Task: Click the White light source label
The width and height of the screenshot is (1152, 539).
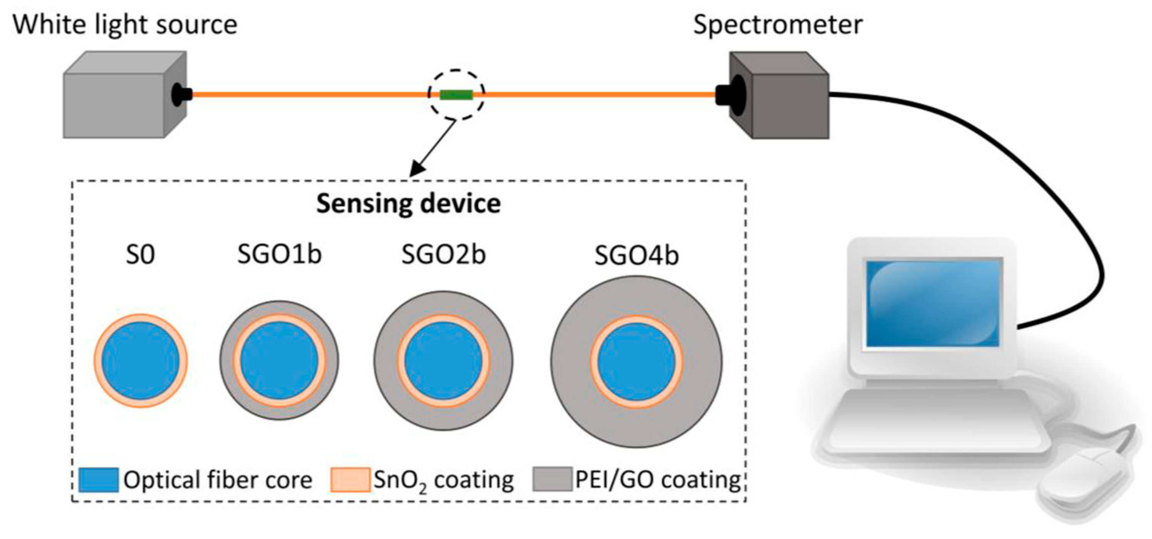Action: click(125, 25)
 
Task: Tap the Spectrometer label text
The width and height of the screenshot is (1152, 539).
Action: click(777, 25)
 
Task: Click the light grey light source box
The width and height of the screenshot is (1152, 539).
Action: click(114, 105)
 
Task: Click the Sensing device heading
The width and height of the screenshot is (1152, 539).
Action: click(408, 204)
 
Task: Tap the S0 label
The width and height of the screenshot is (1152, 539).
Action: click(140, 255)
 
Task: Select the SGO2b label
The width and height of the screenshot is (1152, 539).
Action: click(443, 255)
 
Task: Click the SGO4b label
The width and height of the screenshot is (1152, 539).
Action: click(636, 256)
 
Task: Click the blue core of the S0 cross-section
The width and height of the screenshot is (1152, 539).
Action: click(140, 361)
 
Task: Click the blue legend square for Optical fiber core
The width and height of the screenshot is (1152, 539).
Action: click(98, 480)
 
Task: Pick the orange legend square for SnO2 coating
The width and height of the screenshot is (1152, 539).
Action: click(350, 480)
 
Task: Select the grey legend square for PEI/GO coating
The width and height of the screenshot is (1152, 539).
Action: click(552, 479)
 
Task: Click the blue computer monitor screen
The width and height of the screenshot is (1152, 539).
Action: click(933, 303)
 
